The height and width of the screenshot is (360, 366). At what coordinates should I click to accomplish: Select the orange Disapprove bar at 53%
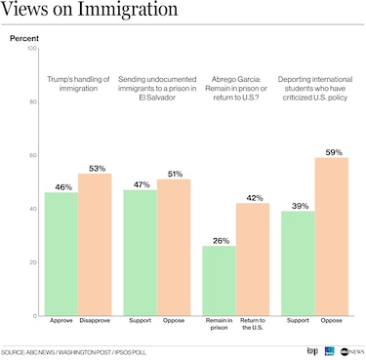tap(95, 244)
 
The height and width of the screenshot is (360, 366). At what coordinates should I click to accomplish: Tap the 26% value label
tap(220, 239)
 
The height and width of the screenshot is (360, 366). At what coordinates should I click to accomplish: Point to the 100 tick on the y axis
tap(32, 48)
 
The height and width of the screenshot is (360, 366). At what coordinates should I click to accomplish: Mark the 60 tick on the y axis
tap(34, 155)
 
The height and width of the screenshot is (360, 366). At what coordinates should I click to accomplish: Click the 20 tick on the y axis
tap(34, 262)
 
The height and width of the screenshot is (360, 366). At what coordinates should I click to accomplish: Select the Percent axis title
tap(24, 37)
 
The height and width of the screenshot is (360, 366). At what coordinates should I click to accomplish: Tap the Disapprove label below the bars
tap(95, 320)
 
